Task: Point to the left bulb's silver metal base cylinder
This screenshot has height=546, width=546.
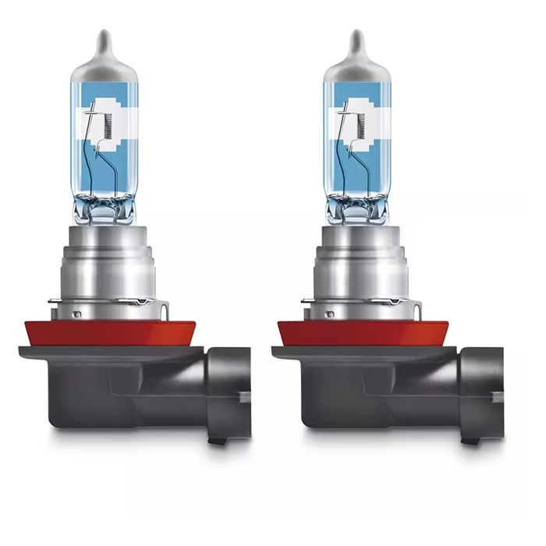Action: pyautogui.click(x=109, y=265)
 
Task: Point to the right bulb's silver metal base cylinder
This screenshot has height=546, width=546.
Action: pyautogui.click(x=361, y=265)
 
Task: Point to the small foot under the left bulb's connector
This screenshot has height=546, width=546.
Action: pyautogui.click(x=219, y=441)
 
